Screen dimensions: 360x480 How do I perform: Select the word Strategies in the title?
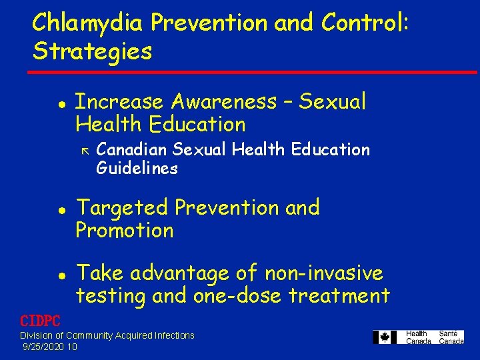pos(92,51)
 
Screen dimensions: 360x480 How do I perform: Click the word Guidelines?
pos(137,168)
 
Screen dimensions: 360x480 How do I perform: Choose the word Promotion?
pos(125,231)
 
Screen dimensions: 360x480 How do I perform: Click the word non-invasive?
pos(323,273)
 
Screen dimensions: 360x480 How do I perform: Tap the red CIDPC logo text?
pos(40,321)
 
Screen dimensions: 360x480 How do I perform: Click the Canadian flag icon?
pos(385,337)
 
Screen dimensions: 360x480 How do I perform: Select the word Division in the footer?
pos(37,335)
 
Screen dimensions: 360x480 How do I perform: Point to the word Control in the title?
pos(365,23)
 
